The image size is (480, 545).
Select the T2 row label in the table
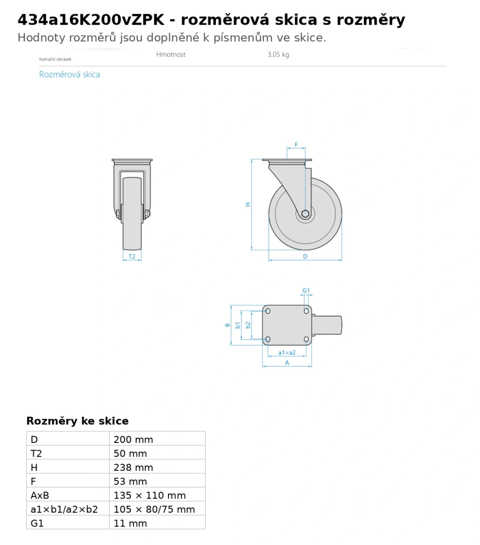coord(36,453)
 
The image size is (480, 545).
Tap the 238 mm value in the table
coord(133,467)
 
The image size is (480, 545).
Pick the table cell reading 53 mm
coord(130,481)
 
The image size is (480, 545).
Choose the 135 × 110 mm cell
coord(150,495)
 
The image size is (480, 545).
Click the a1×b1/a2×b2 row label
coord(64,509)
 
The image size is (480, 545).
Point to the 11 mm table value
coord(130,523)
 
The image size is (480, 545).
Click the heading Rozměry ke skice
coord(77,421)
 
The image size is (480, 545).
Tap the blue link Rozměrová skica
coord(69,74)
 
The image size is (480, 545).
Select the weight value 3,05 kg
coord(278,54)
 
